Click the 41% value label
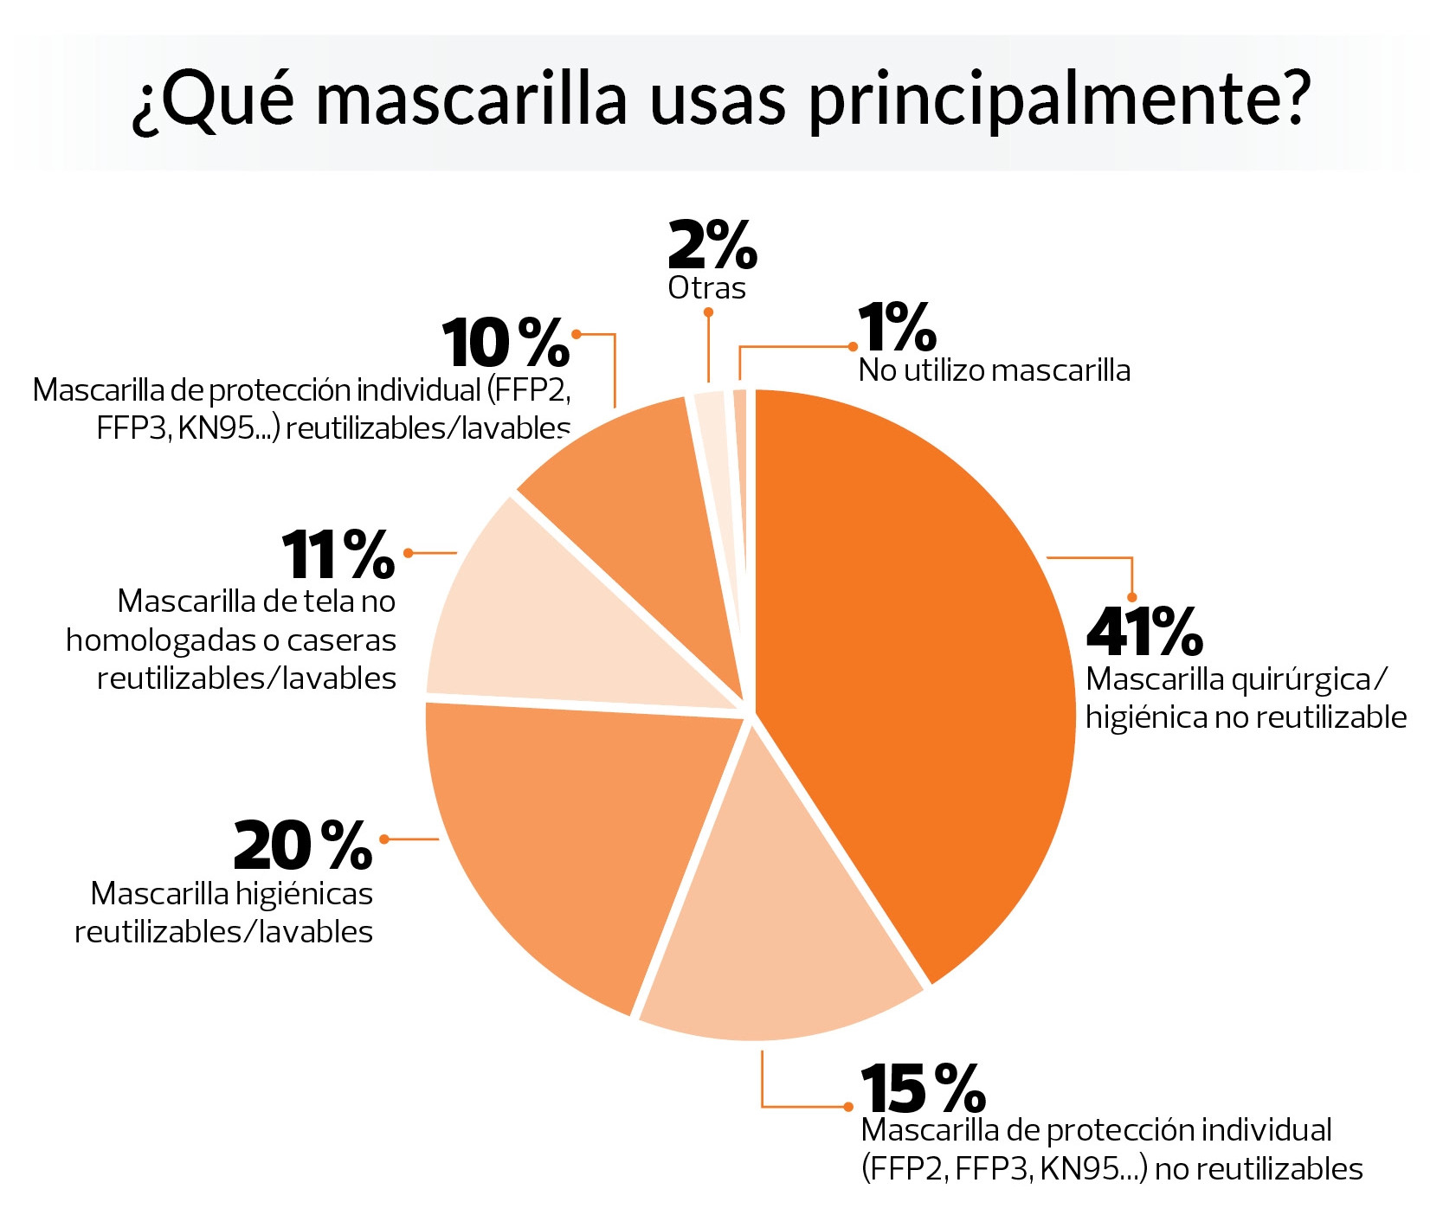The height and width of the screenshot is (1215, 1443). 1143,632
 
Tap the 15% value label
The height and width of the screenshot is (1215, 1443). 923,1089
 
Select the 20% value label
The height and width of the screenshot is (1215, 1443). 302,845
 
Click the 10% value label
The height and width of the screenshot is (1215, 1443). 506,344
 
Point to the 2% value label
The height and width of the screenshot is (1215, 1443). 712,246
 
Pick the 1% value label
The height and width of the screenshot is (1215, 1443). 897,329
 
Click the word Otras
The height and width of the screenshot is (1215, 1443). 706,288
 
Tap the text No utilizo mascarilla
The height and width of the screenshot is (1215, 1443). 994,370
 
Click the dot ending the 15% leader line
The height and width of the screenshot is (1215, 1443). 848,1107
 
